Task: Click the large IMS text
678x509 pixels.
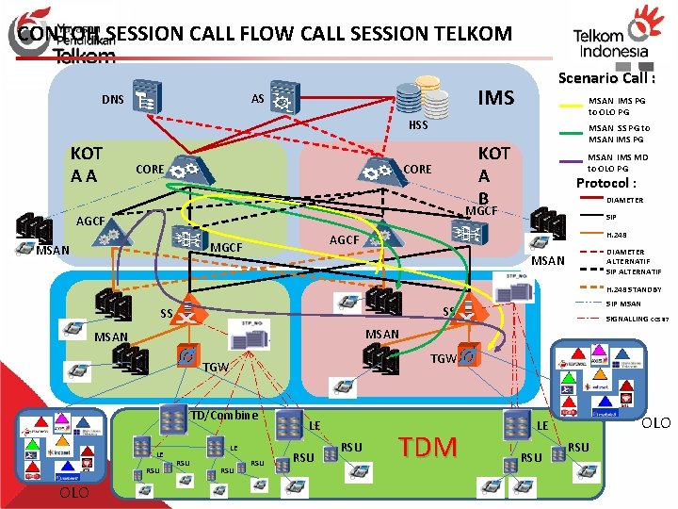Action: coord(495,98)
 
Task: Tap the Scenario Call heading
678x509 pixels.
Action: coord(606,79)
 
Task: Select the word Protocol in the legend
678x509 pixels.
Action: coord(605,183)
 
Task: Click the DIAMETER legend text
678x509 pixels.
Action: coord(625,200)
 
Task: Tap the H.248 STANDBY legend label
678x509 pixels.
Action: coord(634,289)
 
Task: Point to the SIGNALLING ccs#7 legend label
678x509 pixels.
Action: coord(638,320)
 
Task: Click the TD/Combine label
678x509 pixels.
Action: coord(224,415)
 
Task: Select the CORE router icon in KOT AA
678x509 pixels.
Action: coord(187,170)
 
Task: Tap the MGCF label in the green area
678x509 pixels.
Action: coord(227,248)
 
